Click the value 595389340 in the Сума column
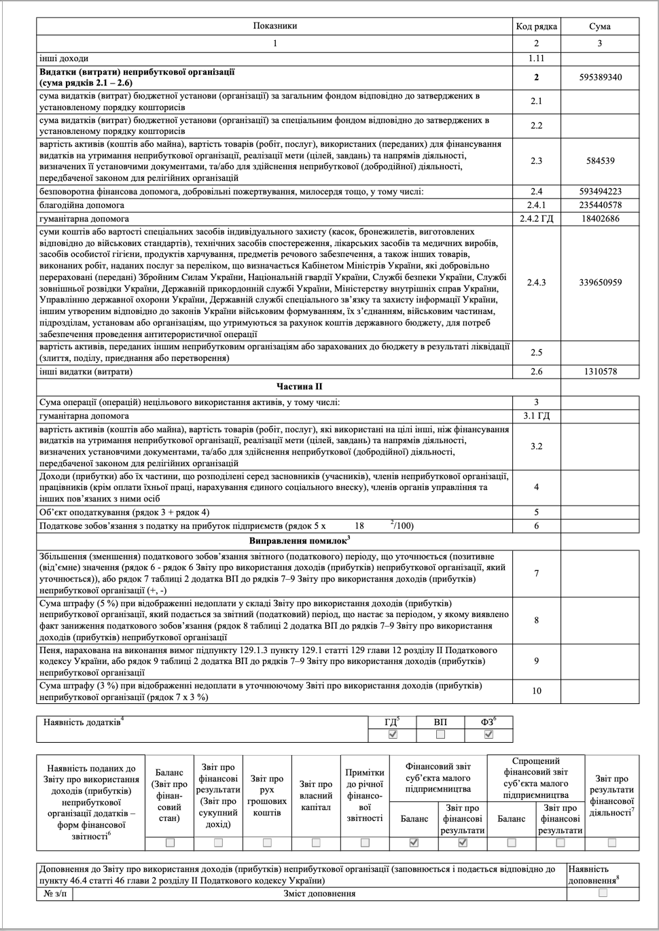tap(600, 77)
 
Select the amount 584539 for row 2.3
tap(600, 161)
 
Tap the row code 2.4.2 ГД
tap(537, 219)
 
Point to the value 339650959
tap(600, 282)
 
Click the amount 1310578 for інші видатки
tap(600, 372)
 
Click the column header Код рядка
tap(537, 27)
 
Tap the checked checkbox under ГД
tap(392, 735)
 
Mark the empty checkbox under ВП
tap(440, 735)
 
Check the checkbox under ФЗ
tap(488, 735)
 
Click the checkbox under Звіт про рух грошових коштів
tap(267, 843)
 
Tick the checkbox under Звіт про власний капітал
tap(316, 843)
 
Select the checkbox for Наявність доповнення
tap(603, 893)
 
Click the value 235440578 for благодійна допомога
tap(600, 205)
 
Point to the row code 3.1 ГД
tap(537, 416)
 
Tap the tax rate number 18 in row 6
tap(359, 526)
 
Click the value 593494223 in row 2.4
tap(600, 192)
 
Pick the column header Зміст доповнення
tap(319, 894)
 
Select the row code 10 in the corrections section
tap(537, 691)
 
